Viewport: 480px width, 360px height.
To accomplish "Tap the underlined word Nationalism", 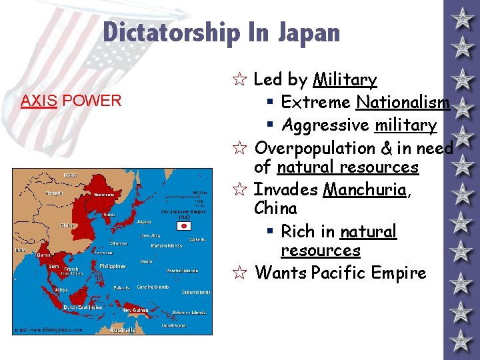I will (403, 102).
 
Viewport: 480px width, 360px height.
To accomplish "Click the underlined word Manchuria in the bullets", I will (364, 189).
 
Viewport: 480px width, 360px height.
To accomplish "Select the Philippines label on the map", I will (113, 265).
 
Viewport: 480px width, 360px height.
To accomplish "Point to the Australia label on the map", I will (123, 330).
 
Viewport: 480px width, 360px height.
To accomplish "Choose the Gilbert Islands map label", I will (196, 292).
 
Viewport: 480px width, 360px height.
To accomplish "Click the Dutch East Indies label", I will (82, 307).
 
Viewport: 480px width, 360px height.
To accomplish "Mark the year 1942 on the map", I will (183, 217).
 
